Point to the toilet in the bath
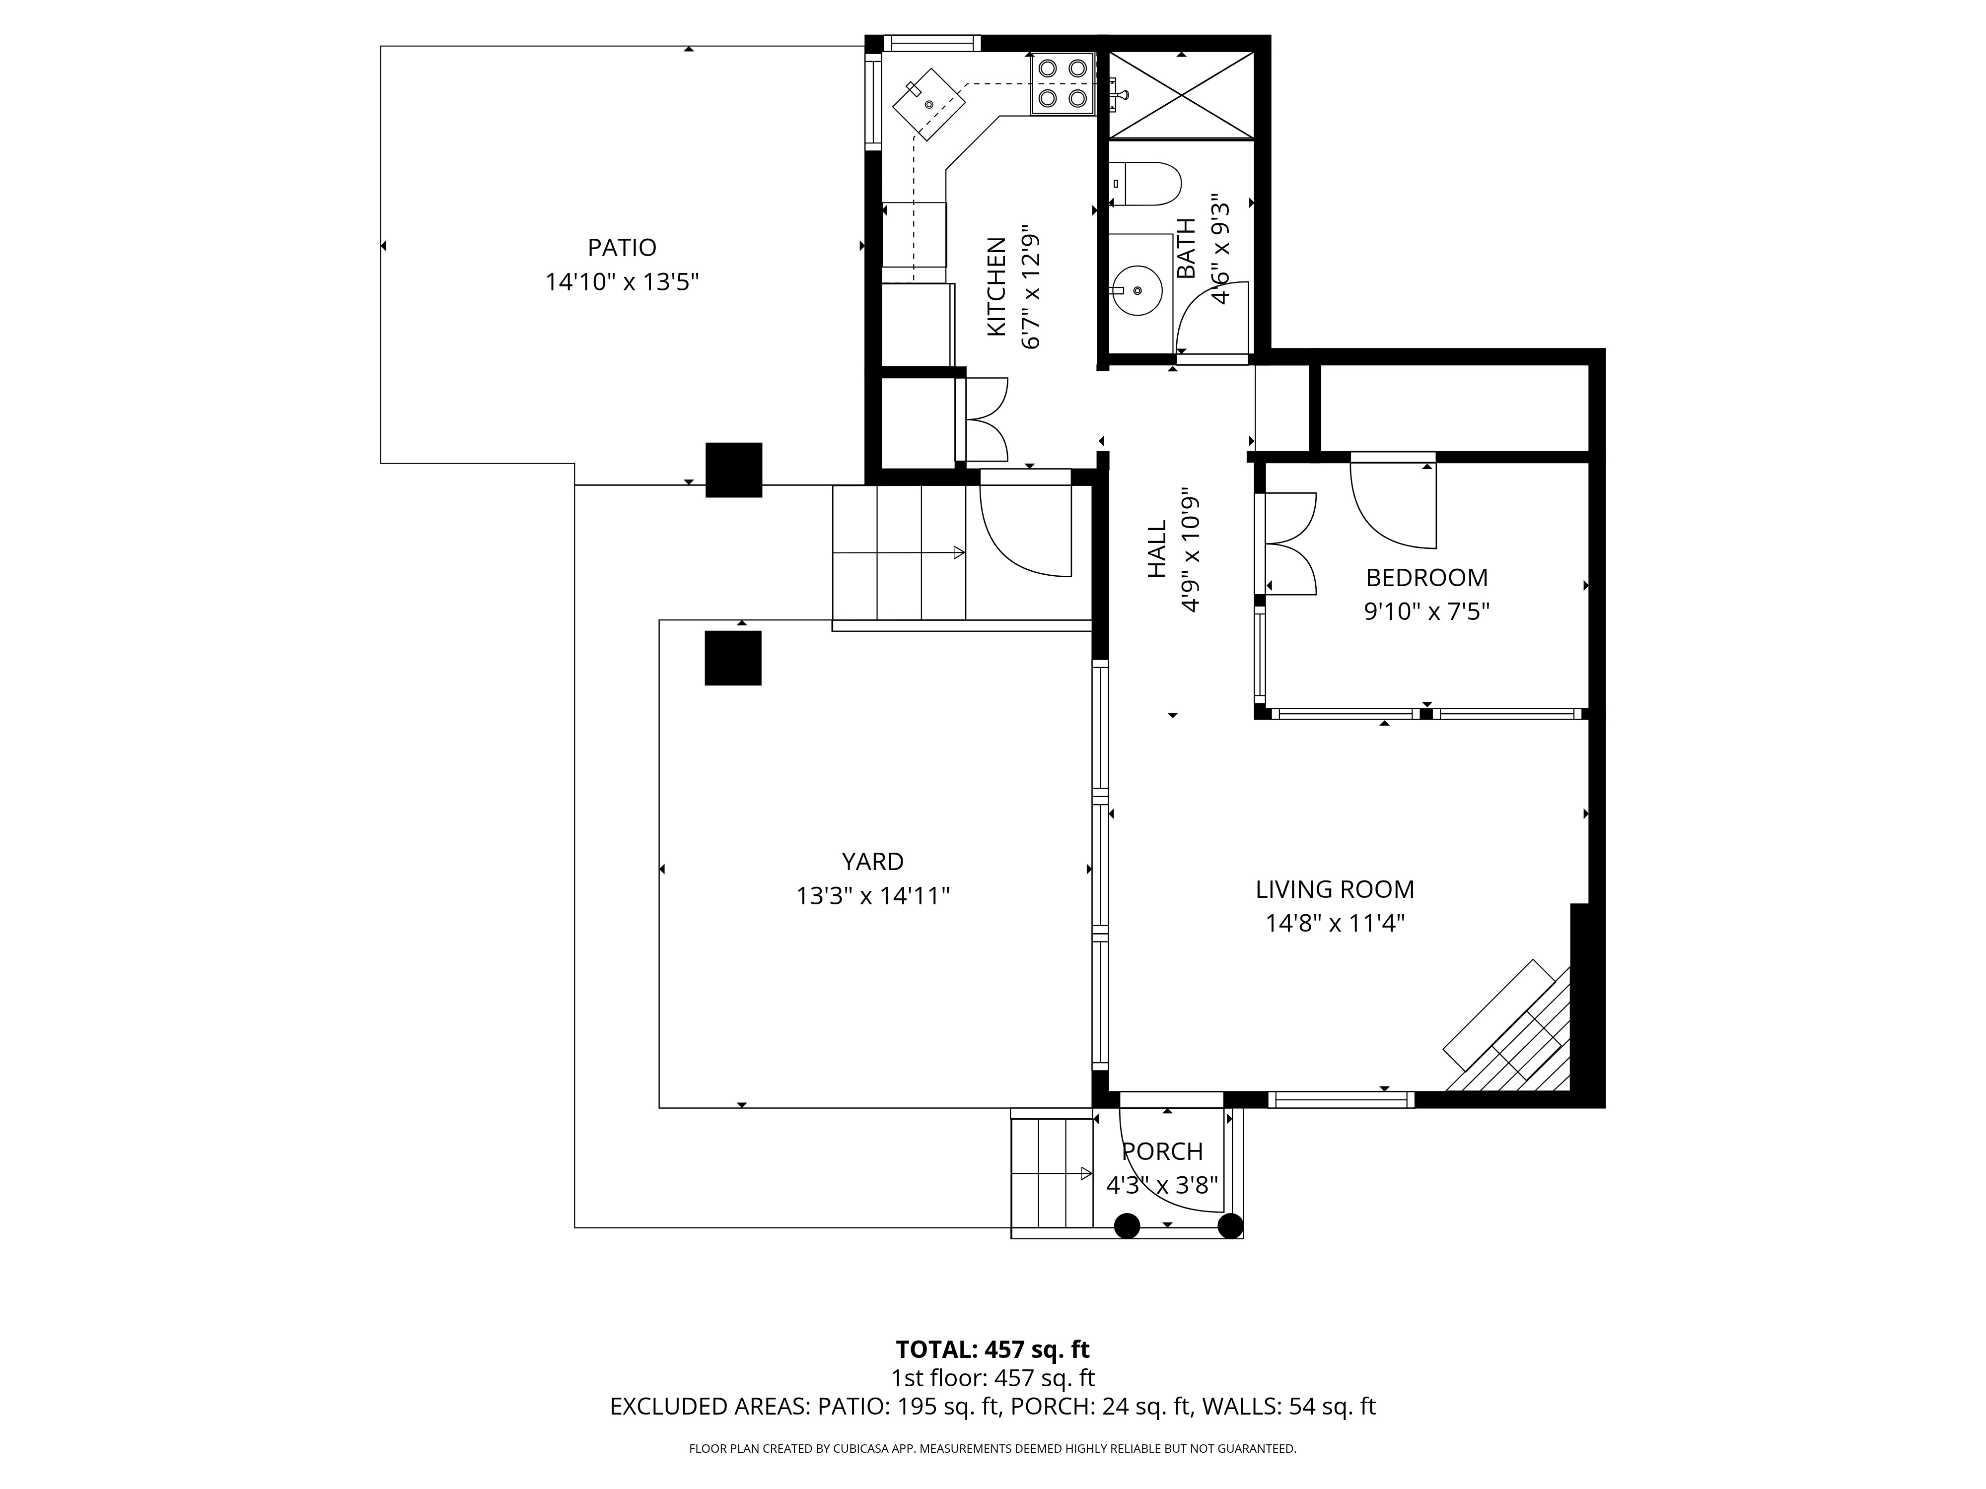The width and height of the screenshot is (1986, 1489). [1144, 184]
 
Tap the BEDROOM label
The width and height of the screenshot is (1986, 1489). [1426, 577]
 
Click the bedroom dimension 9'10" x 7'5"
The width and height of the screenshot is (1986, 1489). [1426, 612]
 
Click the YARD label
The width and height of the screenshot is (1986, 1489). [873, 862]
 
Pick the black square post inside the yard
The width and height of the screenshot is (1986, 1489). [733, 658]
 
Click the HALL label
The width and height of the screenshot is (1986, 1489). [1157, 549]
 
